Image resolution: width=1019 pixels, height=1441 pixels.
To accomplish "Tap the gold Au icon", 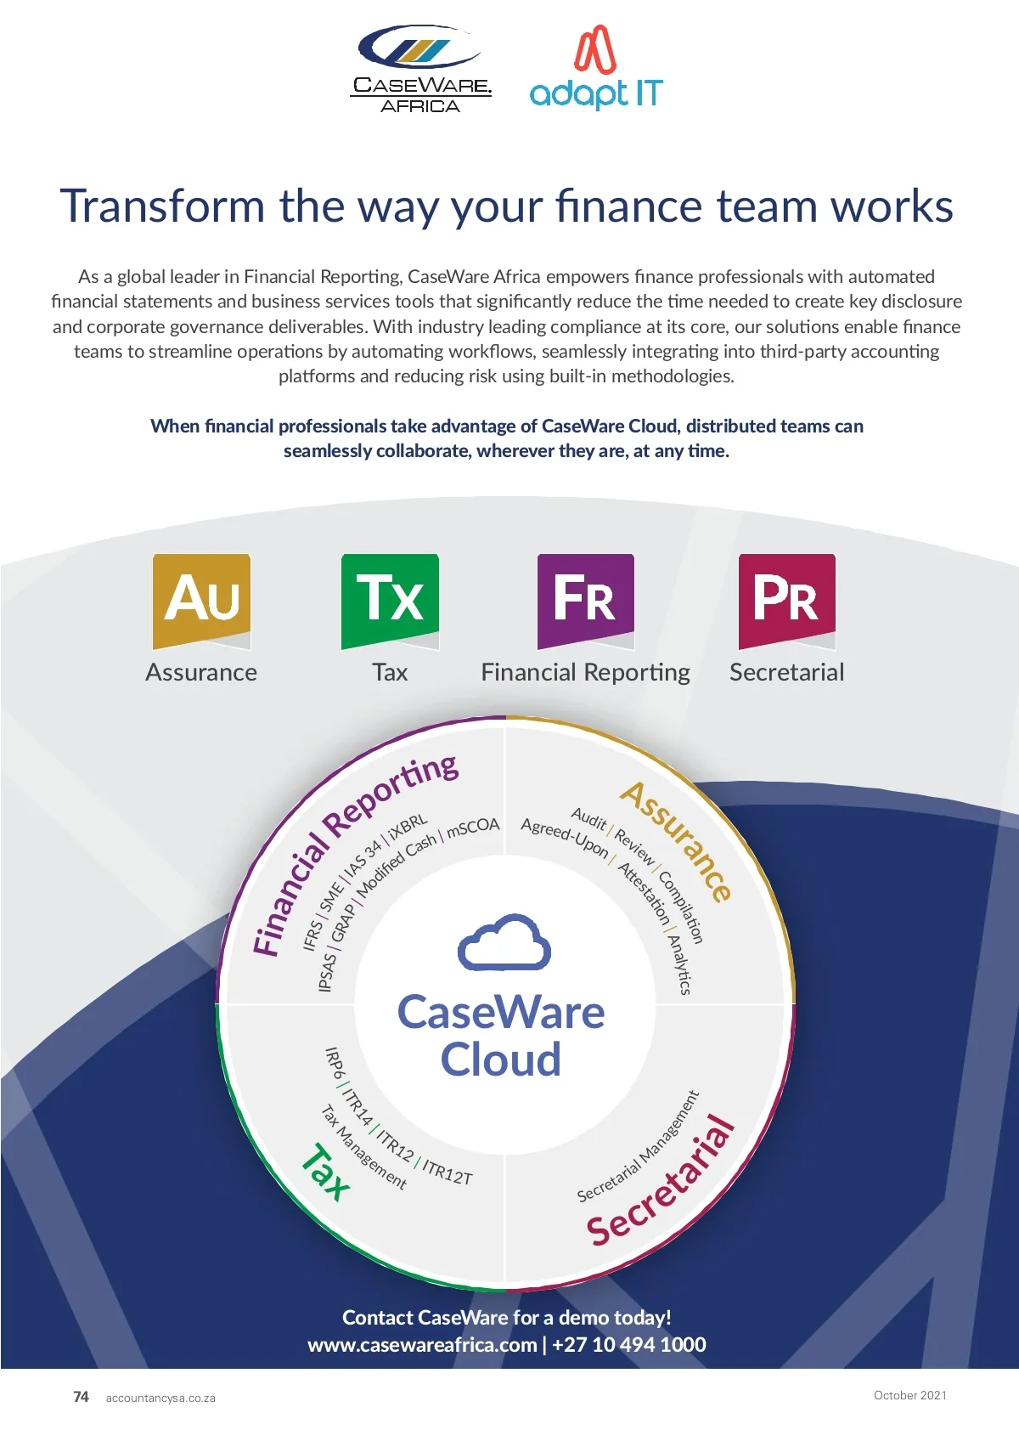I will (201, 600).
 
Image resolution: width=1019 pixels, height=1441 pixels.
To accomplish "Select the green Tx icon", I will (390, 600).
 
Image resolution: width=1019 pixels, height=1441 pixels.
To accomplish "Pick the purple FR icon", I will (585, 600).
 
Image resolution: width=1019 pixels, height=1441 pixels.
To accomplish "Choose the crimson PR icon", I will (786, 600).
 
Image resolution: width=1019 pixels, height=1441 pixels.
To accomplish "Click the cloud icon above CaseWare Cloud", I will (504, 942).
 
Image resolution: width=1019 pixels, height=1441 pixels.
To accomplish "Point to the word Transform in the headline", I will (163, 206).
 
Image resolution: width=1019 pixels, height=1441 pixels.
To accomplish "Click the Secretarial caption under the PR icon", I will (786, 672).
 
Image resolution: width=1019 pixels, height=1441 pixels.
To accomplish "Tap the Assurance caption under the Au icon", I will (201, 672).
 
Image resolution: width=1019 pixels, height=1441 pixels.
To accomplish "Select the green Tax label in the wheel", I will (326, 1173).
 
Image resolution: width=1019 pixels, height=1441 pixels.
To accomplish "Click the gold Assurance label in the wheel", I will (677, 841).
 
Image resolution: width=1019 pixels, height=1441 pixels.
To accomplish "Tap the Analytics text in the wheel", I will (679, 964).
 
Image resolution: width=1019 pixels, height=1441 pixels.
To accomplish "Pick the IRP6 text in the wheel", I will (335, 1063).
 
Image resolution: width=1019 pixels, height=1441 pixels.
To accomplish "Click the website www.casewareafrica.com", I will (422, 1344).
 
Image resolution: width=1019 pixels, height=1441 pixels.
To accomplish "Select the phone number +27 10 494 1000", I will (629, 1344).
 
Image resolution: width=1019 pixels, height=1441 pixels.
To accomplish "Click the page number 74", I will (81, 1397).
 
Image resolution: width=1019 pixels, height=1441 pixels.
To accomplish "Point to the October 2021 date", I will (909, 1395).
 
